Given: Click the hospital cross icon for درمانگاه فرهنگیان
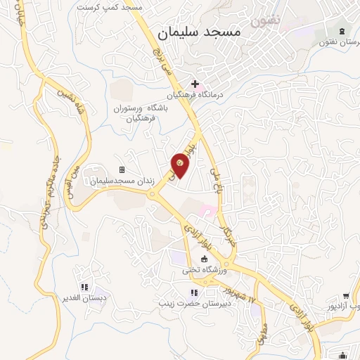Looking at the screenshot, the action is tap(195, 84).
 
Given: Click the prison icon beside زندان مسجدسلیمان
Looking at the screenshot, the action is tap(122, 169).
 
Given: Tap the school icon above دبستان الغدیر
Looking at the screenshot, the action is tap(84, 287).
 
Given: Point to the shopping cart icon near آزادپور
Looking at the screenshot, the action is tap(345, 296).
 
